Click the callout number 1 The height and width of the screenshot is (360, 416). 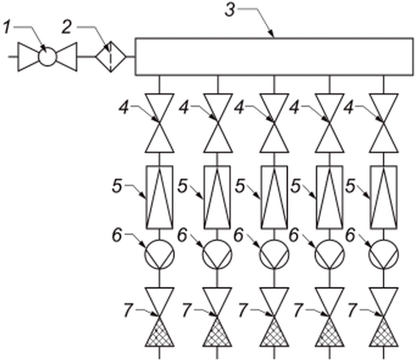(x=8, y=28)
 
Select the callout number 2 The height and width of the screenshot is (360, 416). (x=67, y=28)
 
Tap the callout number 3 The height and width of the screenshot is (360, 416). (x=231, y=11)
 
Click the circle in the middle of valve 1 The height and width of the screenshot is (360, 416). (x=47, y=57)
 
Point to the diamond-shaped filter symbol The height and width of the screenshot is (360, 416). (x=111, y=57)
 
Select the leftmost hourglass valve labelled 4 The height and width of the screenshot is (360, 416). (x=159, y=123)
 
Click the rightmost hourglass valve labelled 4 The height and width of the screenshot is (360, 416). (x=384, y=123)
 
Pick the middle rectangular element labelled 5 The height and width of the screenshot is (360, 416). (x=274, y=197)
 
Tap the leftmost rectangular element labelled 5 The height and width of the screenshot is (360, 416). (x=159, y=197)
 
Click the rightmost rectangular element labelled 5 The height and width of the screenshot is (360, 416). (x=384, y=197)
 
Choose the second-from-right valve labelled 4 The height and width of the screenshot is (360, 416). (x=330, y=123)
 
